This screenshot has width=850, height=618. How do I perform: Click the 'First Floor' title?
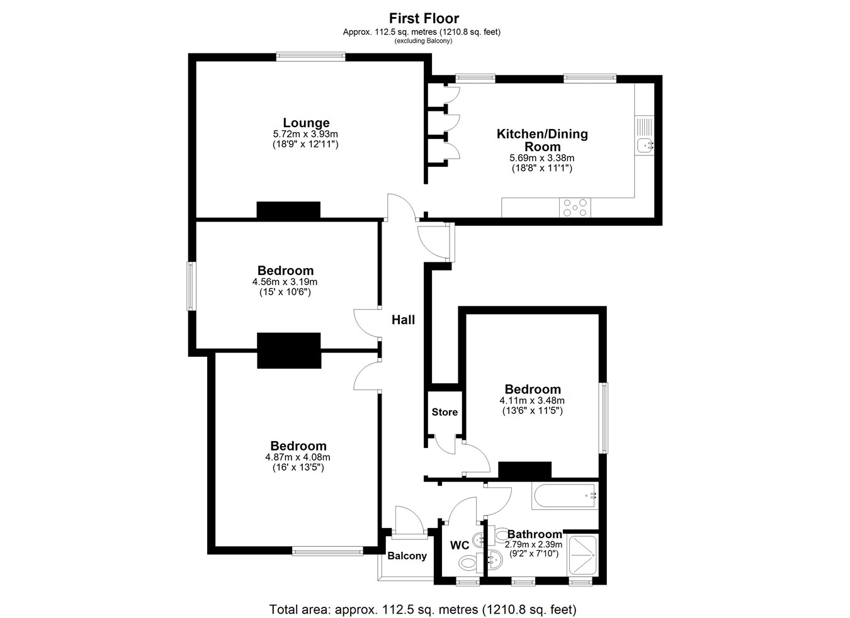(x=424, y=18)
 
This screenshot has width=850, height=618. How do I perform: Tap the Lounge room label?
(x=306, y=123)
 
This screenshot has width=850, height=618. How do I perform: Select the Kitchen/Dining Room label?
(x=542, y=140)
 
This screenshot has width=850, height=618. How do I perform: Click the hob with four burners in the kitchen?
(x=574, y=208)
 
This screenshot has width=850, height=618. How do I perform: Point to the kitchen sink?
(x=644, y=145)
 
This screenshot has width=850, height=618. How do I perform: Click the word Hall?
(x=403, y=320)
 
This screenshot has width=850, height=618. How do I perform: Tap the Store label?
(x=445, y=412)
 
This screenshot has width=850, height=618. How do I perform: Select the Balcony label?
(x=407, y=556)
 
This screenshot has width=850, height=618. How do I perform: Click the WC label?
(x=460, y=546)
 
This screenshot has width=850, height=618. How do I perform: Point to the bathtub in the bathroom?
(x=565, y=496)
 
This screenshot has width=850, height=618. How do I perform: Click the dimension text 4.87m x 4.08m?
(x=297, y=458)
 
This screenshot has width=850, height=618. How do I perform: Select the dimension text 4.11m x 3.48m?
(x=532, y=401)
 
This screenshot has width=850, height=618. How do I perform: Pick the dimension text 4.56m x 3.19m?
(x=285, y=282)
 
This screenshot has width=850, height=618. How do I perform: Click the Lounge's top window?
(x=311, y=57)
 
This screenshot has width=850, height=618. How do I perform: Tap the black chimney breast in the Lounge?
(x=288, y=210)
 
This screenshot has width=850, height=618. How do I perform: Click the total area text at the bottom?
(x=422, y=609)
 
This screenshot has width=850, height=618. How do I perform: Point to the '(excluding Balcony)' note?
(x=424, y=41)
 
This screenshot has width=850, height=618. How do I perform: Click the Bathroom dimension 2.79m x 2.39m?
(x=533, y=544)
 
